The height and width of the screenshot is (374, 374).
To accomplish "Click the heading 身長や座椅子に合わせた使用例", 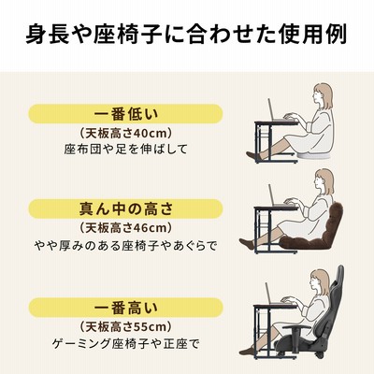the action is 186,36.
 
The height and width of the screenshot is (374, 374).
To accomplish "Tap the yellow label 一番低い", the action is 125,114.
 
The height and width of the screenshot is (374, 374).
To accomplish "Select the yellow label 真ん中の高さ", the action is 125,209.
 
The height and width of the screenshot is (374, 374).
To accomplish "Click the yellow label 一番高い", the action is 125,308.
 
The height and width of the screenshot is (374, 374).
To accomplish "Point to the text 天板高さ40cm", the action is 125,134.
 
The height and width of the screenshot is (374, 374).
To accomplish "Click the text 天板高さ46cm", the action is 125,228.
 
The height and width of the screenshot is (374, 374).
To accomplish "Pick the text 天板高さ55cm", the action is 125,327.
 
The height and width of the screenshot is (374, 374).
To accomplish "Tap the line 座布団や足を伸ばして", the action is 125,149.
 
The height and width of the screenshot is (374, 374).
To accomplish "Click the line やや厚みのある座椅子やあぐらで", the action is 125,246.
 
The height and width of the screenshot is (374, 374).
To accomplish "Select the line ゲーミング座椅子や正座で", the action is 125,344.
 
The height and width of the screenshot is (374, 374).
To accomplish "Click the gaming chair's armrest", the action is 296,327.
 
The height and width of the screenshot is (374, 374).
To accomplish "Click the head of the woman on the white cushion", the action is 323,95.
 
